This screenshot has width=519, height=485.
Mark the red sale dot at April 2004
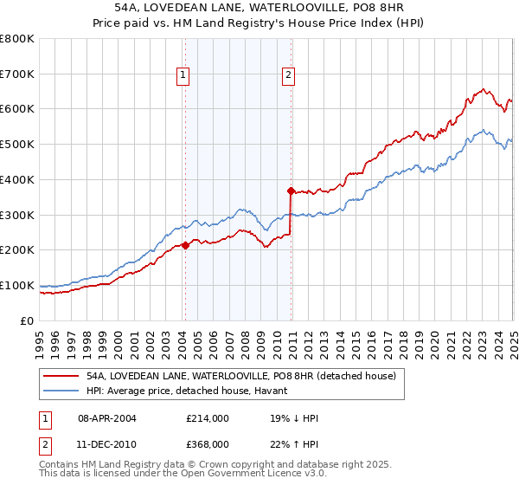[185, 245]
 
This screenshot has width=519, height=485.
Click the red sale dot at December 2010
[291, 191]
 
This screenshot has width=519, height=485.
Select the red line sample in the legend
[61, 376]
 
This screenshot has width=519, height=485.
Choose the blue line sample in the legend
[61, 391]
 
